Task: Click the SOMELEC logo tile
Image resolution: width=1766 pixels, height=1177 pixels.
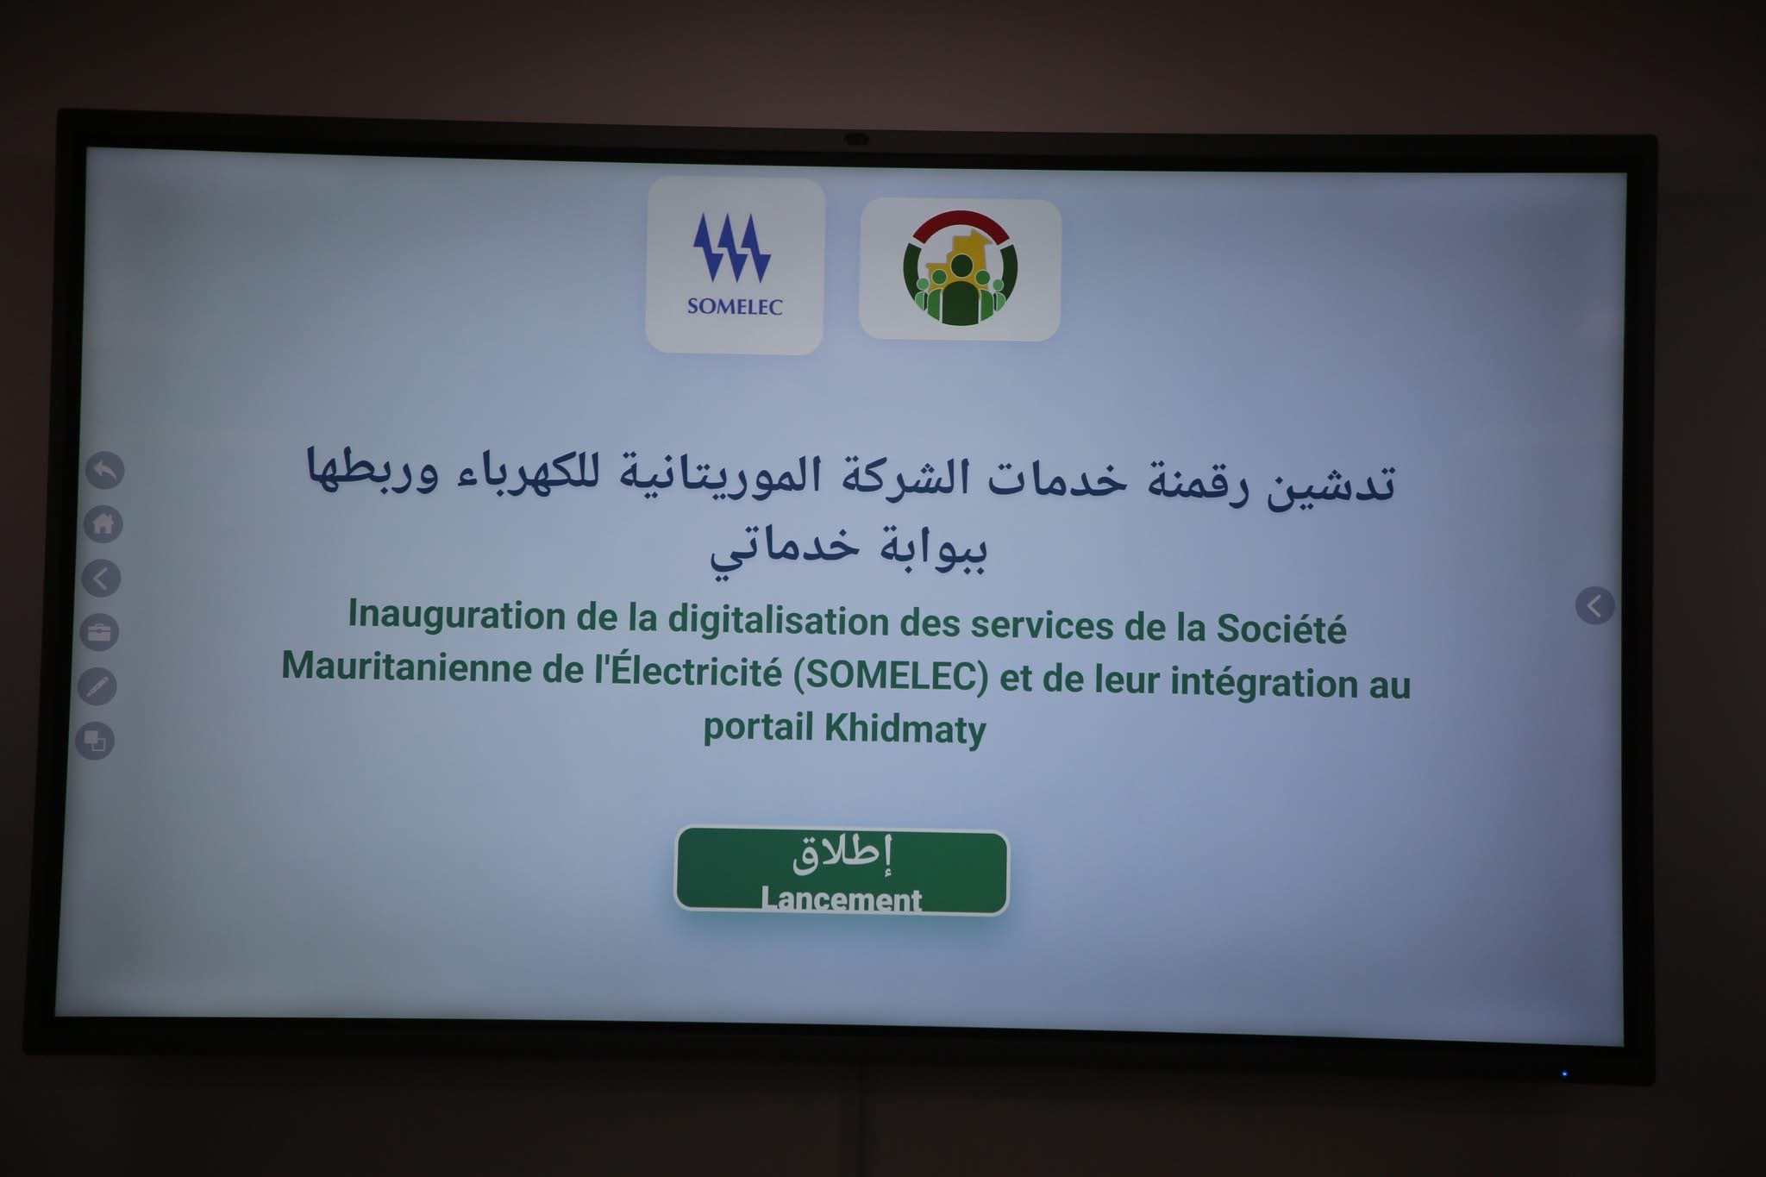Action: coord(735,266)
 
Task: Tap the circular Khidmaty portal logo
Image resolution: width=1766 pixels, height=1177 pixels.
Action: coord(960,268)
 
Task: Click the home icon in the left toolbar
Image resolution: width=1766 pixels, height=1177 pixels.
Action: coord(103,523)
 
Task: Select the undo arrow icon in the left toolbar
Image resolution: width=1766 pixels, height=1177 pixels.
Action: coord(105,470)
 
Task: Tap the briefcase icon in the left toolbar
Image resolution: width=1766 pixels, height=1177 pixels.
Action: coord(99,632)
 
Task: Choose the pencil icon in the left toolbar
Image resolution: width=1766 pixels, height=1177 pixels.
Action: coord(97,686)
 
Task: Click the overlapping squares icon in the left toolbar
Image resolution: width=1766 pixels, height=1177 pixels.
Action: coord(95,741)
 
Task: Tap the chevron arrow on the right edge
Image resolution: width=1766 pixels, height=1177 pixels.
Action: coord(1595,606)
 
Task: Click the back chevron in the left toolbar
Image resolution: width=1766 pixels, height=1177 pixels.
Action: coord(101,578)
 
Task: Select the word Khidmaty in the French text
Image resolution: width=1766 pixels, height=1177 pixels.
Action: coord(905,729)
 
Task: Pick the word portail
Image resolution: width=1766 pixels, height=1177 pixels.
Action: coord(759,727)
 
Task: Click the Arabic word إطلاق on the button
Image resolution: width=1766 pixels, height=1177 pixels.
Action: coord(842,855)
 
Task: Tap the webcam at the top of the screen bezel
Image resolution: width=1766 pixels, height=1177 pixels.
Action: coord(855,139)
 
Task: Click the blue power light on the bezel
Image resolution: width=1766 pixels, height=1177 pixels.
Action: coord(1564,1074)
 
